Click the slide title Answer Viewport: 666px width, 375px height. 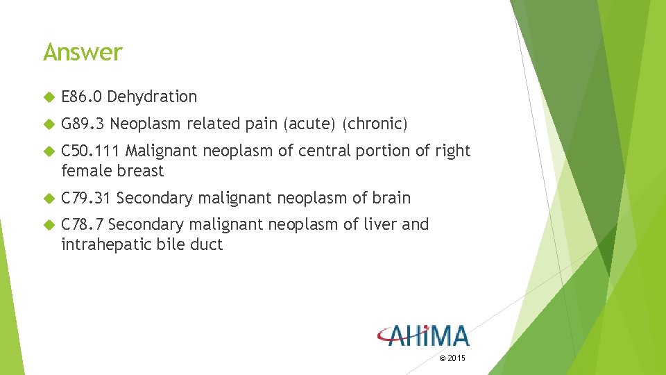83,52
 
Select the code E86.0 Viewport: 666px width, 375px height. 82,97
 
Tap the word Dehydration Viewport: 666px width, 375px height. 153,97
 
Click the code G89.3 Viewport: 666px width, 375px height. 83,124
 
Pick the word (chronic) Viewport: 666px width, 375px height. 375,124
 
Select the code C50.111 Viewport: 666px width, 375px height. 91,151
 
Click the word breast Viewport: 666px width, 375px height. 142,171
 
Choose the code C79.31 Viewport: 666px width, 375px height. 87,198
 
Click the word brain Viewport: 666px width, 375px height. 391,198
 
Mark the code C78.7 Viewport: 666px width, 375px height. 83,224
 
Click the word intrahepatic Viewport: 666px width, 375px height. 105,244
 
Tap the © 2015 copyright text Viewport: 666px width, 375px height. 452,358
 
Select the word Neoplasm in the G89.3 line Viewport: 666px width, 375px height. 142,124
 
